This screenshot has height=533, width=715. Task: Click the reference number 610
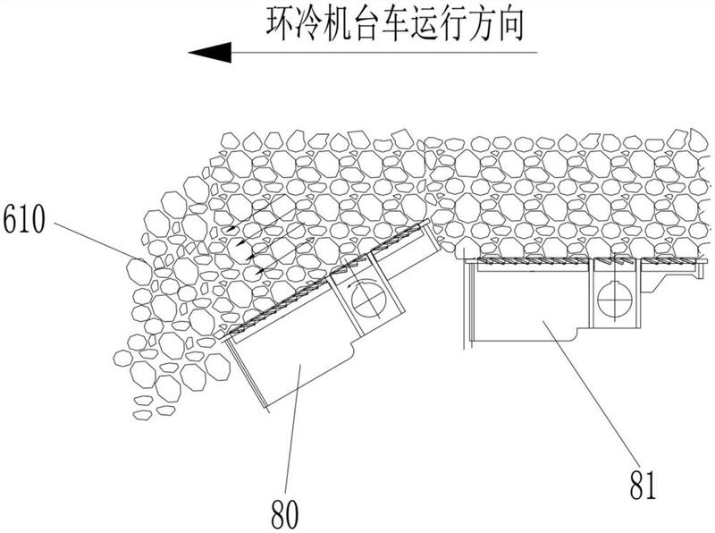point(24,218)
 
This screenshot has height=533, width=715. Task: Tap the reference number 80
point(284,514)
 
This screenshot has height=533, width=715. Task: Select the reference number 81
point(643,485)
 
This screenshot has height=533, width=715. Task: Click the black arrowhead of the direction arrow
point(210,52)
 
